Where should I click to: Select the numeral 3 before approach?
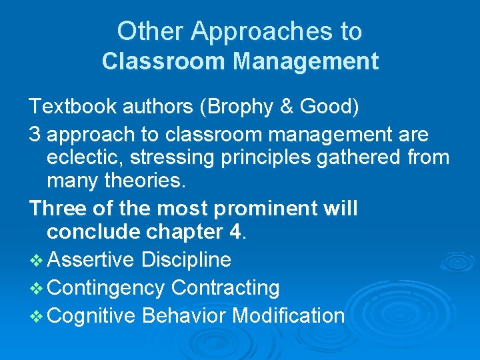tap(35, 135)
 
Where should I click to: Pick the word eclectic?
tap(87, 159)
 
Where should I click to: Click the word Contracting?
tap(225, 288)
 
